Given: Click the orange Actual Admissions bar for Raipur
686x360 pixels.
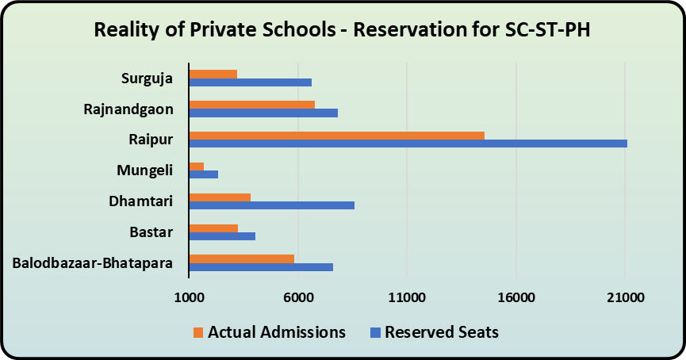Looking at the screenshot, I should point(336,135).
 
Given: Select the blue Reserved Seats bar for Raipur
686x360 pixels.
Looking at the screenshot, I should point(408,144).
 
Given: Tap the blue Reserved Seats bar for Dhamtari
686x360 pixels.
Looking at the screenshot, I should point(271,205).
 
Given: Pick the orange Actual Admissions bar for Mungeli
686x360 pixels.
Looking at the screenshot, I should point(196,166).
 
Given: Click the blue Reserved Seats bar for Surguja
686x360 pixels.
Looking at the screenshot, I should point(250,82).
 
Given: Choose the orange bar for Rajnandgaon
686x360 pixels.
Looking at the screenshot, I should point(251,104).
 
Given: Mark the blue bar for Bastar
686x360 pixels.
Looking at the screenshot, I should point(222,236).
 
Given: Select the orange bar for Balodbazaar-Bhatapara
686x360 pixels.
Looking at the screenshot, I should point(241,259).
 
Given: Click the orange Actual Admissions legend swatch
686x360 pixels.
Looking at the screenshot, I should point(198,332).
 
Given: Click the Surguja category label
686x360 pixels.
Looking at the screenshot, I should point(148,78).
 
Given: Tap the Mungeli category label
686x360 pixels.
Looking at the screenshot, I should point(145,170).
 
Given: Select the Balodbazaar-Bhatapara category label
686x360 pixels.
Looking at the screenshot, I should point(94,263).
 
